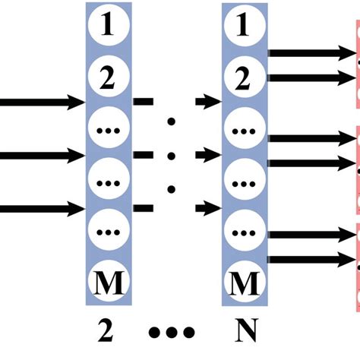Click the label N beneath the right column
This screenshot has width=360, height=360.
(x=244, y=333)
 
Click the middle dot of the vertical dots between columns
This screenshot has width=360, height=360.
(x=172, y=156)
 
